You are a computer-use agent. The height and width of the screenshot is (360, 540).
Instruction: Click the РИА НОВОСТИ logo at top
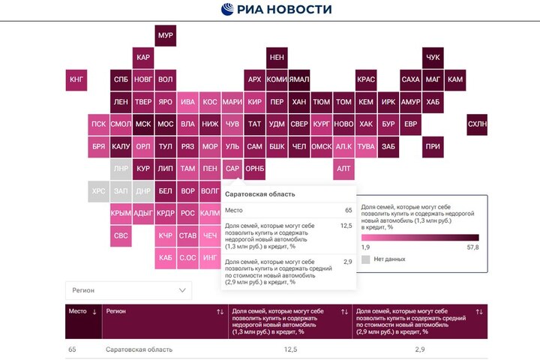tap(276, 10)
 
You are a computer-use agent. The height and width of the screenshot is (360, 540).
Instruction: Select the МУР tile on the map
tap(166, 36)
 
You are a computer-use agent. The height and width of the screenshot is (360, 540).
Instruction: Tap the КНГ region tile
tap(76, 79)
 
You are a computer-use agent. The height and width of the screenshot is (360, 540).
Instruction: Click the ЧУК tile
tap(433, 58)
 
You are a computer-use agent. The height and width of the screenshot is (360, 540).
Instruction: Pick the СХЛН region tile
tap(477, 124)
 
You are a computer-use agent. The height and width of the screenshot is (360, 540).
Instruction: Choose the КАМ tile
tap(455, 79)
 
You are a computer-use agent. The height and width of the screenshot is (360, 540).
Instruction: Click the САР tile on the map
tap(232, 169)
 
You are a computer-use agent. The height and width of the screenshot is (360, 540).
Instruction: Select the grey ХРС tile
tap(99, 191)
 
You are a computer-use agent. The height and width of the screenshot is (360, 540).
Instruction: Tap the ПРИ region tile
tap(433, 146)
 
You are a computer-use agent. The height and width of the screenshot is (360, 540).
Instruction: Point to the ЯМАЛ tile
tap(299, 79)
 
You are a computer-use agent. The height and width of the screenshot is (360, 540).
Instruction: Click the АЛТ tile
tap(344, 169)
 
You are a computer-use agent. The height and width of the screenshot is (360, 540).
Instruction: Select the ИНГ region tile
tap(211, 258)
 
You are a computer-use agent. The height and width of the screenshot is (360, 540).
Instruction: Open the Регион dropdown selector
tap(127, 289)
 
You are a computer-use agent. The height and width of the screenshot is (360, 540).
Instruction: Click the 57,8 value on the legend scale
tap(472, 246)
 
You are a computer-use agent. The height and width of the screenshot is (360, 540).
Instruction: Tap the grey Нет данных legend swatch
tap(366, 259)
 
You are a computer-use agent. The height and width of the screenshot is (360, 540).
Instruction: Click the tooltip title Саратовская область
tap(260, 194)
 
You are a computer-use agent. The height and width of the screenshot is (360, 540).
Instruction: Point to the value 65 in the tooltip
tap(349, 211)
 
